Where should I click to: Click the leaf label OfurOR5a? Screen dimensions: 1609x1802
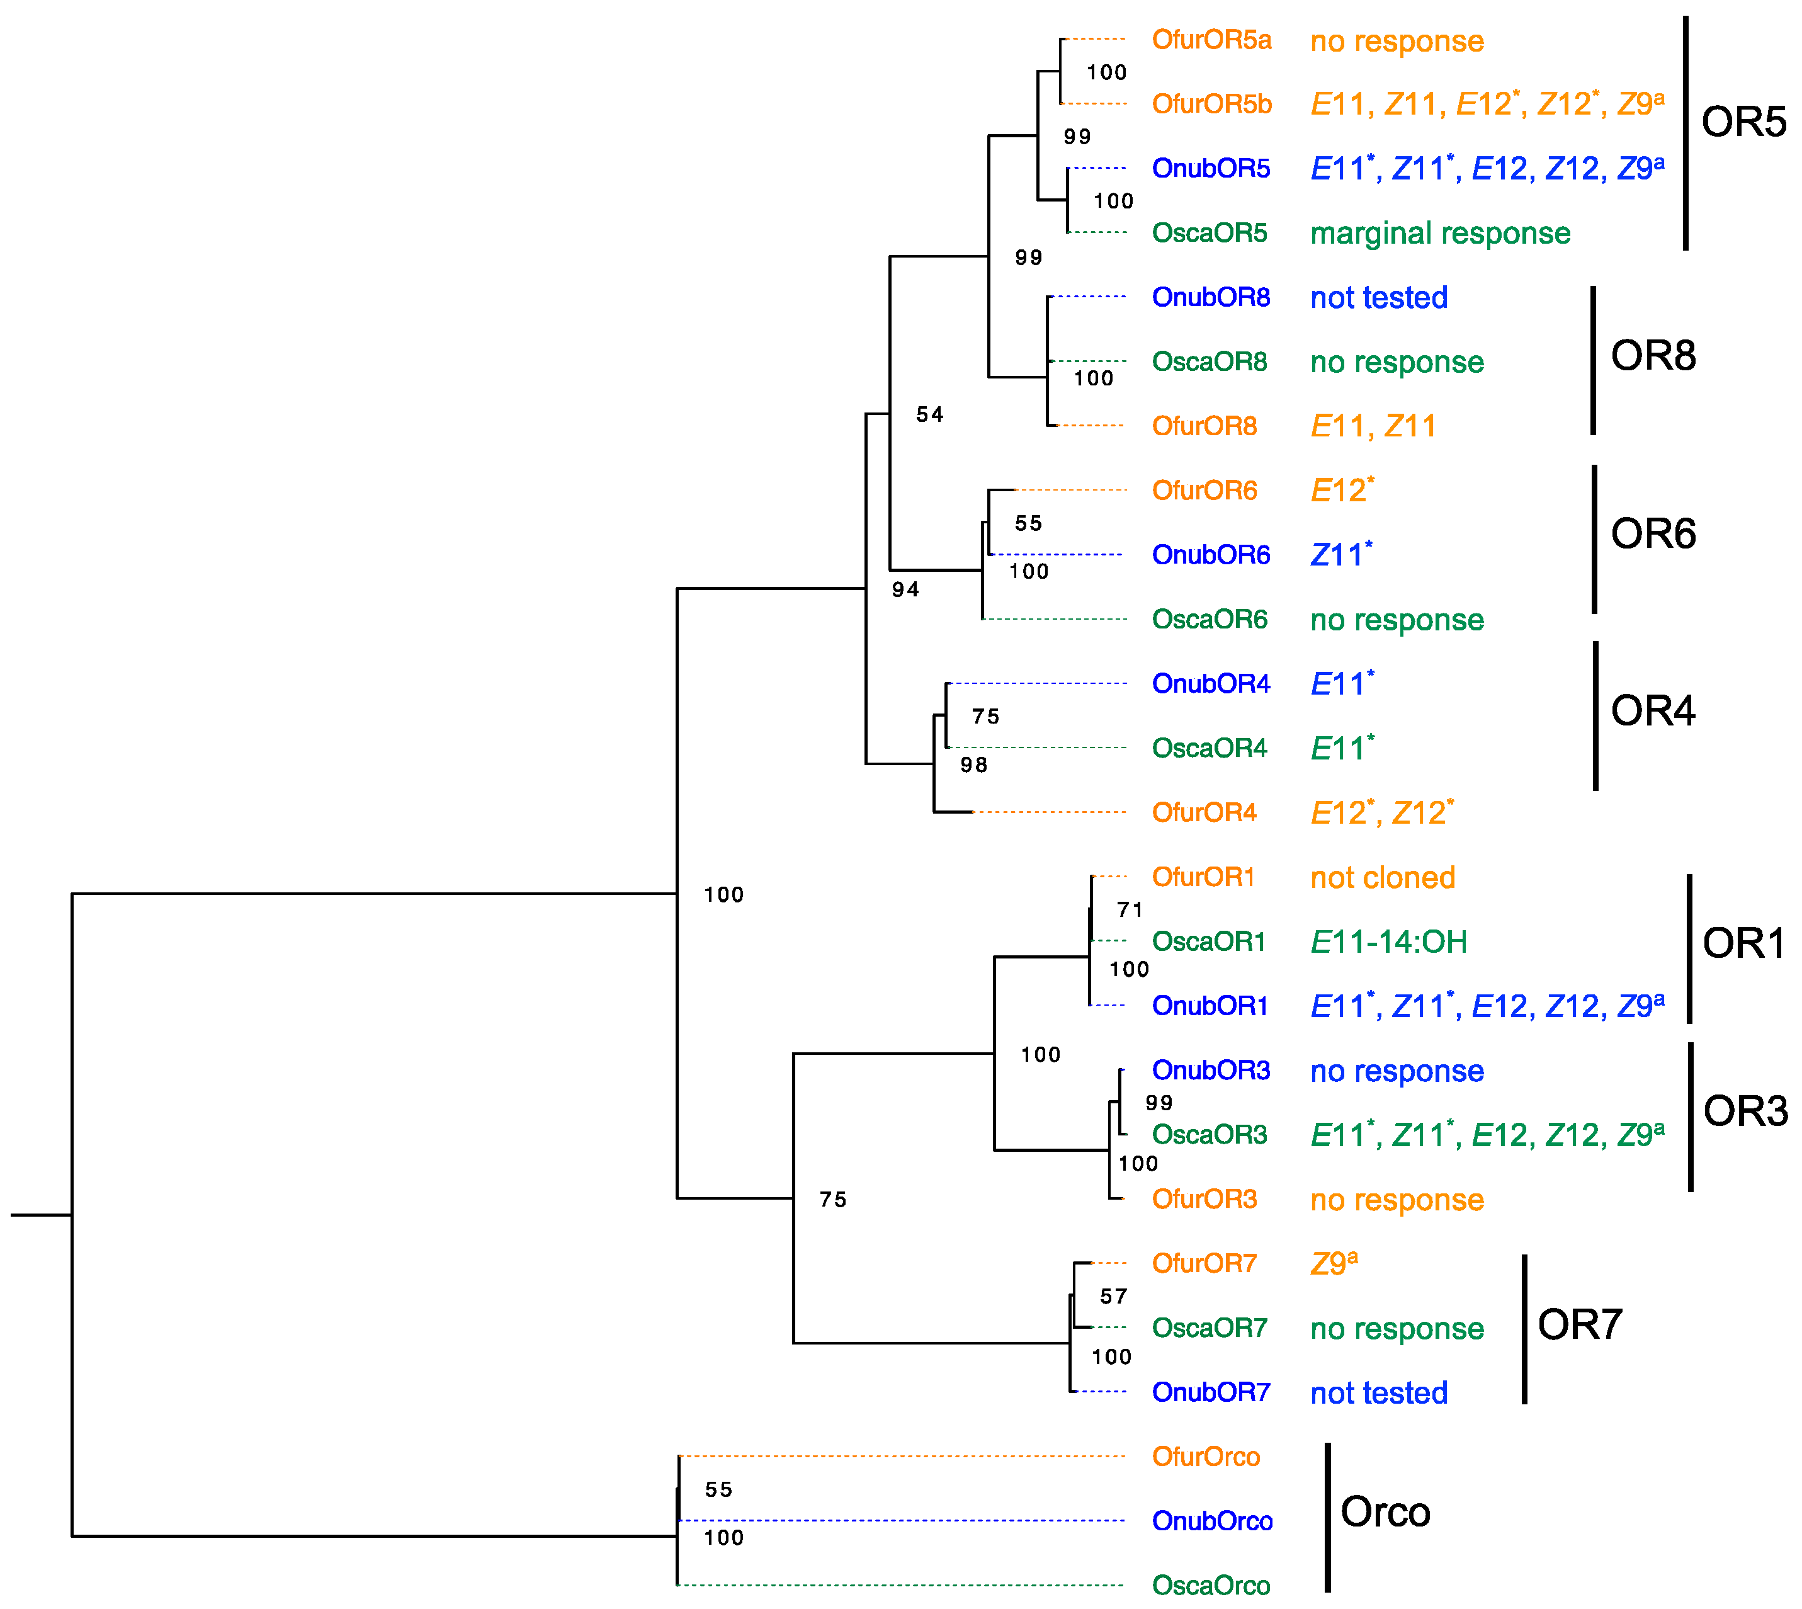(x=1211, y=40)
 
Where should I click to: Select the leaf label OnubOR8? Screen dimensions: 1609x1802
(x=1210, y=297)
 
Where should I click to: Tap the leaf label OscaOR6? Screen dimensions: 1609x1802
(x=1209, y=619)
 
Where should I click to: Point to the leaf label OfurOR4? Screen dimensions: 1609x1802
(x=1204, y=812)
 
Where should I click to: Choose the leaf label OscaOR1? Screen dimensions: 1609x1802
(x=1208, y=941)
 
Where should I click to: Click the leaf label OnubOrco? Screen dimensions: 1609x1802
(x=1211, y=1521)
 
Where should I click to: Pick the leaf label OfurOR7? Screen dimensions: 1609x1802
(x=1204, y=1263)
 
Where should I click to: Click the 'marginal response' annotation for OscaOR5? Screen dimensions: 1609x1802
(x=1440, y=234)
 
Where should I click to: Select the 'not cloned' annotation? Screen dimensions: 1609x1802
(x=1382, y=878)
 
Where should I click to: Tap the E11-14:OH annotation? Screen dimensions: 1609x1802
(x=1388, y=942)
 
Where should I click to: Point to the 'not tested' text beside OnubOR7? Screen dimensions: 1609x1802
(x=1379, y=1393)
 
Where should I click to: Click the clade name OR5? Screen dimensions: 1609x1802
(x=1743, y=122)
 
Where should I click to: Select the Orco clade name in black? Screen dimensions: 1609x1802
(x=1384, y=1512)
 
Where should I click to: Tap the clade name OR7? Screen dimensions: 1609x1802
(x=1579, y=1324)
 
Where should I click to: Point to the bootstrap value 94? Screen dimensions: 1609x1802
(x=905, y=589)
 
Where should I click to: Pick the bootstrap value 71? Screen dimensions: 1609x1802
(x=1130, y=910)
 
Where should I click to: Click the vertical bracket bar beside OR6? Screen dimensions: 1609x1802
(x=1594, y=539)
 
